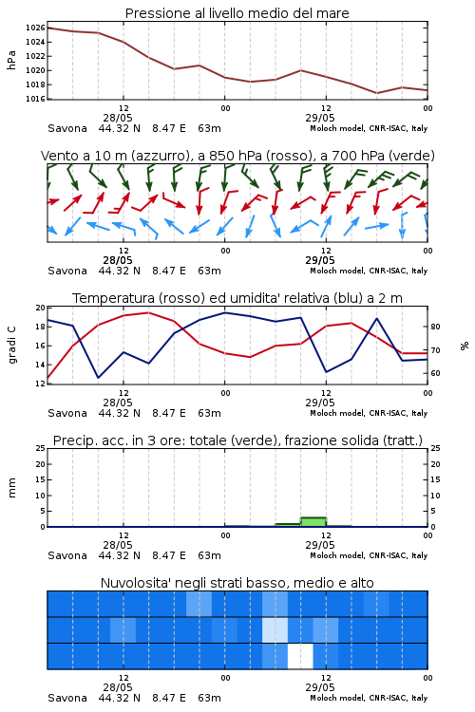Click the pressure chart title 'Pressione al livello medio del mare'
237,13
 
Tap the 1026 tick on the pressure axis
35,28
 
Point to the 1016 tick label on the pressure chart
35,99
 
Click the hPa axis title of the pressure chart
11,61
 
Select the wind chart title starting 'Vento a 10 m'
237,156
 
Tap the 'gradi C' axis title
12,346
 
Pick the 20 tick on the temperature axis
41,308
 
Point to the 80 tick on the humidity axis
435,327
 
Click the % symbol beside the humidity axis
465,346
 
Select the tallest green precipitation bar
313,522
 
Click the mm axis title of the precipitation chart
11,488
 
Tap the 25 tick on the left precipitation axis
41,448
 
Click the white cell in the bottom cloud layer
300,656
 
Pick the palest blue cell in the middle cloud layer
275,629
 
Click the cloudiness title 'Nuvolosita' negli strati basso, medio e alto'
237,583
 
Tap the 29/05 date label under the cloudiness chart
320,687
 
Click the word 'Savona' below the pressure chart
67,128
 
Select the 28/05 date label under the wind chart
118,261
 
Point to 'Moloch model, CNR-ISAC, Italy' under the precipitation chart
369,555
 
